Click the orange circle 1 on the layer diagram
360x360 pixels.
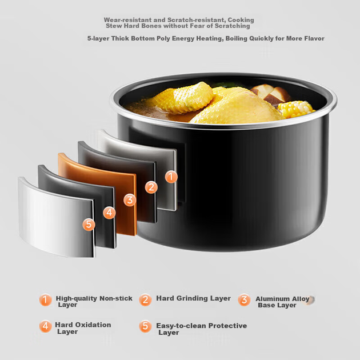(171, 177)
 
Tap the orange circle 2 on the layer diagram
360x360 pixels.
(151, 187)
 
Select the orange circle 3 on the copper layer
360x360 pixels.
(130, 200)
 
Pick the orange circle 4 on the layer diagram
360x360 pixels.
(109, 213)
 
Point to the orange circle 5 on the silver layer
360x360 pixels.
(89, 225)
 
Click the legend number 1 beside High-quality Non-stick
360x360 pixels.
(46, 300)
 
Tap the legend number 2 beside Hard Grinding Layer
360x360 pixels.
(145, 299)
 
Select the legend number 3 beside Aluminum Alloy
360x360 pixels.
(244, 300)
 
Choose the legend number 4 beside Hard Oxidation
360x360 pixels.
(46, 326)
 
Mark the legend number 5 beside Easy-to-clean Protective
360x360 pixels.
(145, 326)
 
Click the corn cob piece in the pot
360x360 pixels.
(296, 109)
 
